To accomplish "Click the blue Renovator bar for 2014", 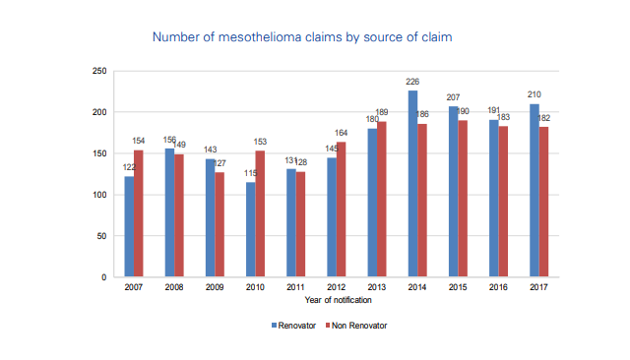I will (x=412, y=184).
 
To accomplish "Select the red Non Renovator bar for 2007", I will (x=139, y=213).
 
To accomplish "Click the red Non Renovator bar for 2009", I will (x=220, y=224).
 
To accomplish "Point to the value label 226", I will (x=413, y=83).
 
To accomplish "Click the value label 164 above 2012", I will (x=342, y=134).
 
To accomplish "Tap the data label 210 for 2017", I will (x=535, y=95).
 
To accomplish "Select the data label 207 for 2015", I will (x=453, y=98).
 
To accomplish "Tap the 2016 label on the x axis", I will (x=498, y=288).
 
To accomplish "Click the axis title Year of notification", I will (x=336, y=299).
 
